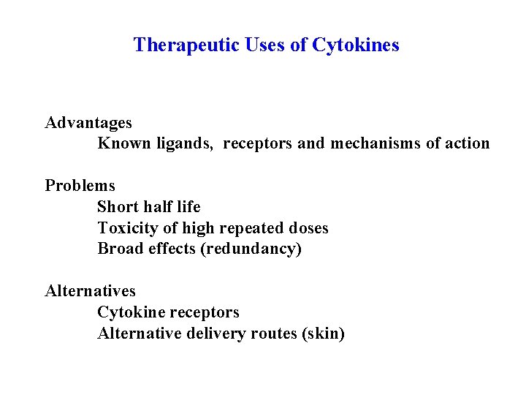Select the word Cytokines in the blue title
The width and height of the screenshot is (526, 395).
tap(356, 45)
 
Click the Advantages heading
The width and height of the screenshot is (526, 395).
tap(88, 122)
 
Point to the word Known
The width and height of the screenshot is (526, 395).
tap(124, 143)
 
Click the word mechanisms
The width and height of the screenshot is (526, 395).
tap(376, 143)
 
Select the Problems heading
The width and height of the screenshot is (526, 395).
tap(80, 186)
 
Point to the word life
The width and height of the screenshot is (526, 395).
tap(188, 207)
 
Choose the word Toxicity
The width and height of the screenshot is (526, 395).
tap(128, 228)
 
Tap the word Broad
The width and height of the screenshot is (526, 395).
tap(121, 249)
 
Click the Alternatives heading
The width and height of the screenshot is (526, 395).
tap(91, 291)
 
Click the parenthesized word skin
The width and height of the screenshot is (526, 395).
tap(323, 334)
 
